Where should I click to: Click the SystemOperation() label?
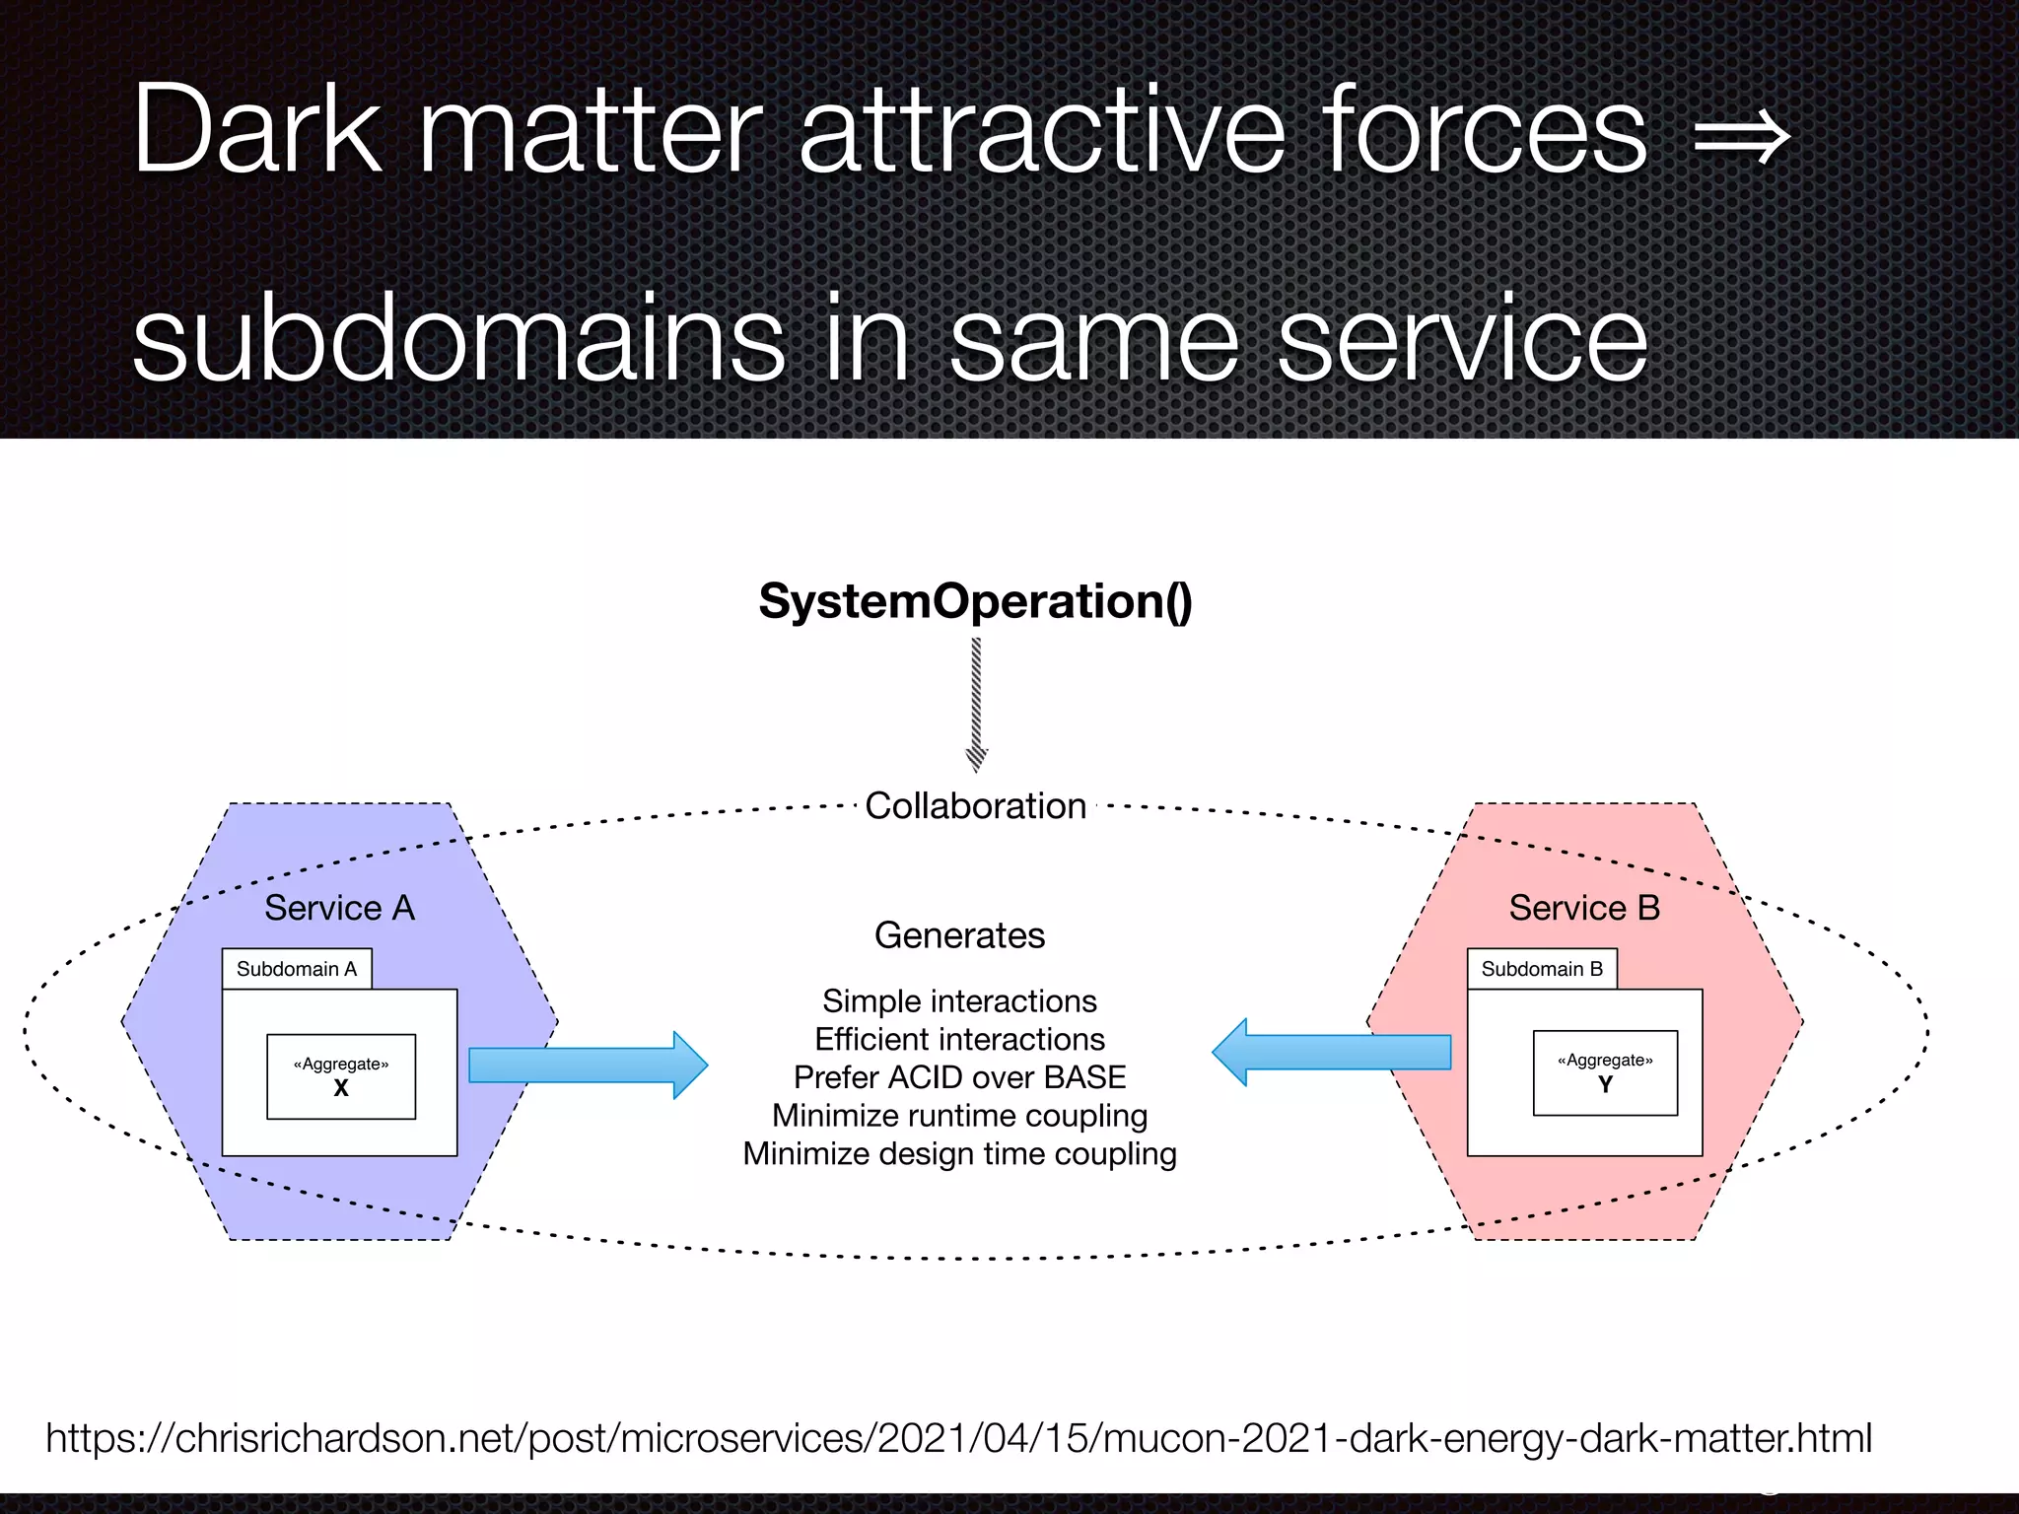click(x=975, y=601)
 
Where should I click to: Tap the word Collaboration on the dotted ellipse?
click(x=975, y=806)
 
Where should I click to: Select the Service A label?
click(x=339, y=908)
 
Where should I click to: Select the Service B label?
click(x=1584, y=908)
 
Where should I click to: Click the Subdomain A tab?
click(x=297, y=969)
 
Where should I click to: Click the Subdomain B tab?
click(x=1542, y=969)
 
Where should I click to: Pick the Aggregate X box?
click(x=341, y=1076)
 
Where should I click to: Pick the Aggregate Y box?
click(x=1605, y=1073)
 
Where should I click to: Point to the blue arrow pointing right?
click(x=588, y=1066)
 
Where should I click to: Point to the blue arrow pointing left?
click(x=1331, y=1053)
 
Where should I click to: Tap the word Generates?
click(x=959, y=935)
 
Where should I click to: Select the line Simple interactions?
click(x=959, y=1001)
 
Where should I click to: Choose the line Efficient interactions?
click(x=959, y=1040)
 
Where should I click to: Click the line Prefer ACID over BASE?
click(x=959, y=1077)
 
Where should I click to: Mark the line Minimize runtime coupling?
click(x=959, y=1116)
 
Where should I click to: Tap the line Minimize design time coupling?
click(x=959, y=1154)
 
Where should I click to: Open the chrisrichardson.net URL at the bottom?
click(x=958, y=1438)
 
